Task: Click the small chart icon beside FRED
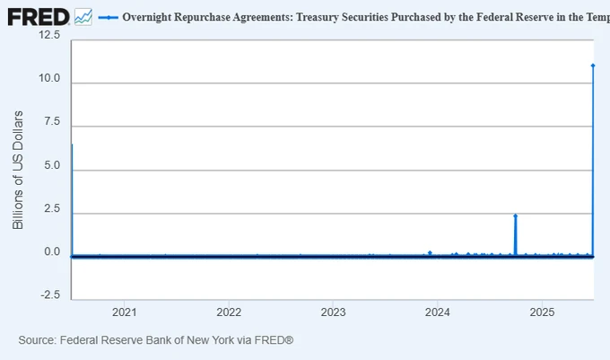pyautogui.click(x=83, y=16)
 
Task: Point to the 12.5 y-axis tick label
pyautogui.click(x=49, y=35)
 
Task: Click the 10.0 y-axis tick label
pyautogui.click(x=49, y=79)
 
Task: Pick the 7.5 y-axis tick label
pyautogui.click(x=52, y=122)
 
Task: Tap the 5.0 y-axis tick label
pyautogui.click(x=52, y=166)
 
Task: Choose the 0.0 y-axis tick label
pyautogui.click(x=52, y=252)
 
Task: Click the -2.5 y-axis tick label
pyautogui.click(x=50, y=295)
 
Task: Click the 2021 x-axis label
pyautogui.click(x=124, y=312)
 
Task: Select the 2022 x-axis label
pyautogui.click(x=229, y=312)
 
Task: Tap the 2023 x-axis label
pyautogui.click(x=333, y=312)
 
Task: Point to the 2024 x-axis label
pyautogui.click(x=438, y=312)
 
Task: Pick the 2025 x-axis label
pyautogui.click(x=542, y=312)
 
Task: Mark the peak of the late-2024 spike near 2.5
pyautogui.click(x=515, y=215)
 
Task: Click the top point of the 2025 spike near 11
pyautogui.click(x=593, y=65)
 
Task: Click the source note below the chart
pyautogui.click(x=156, y=341)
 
